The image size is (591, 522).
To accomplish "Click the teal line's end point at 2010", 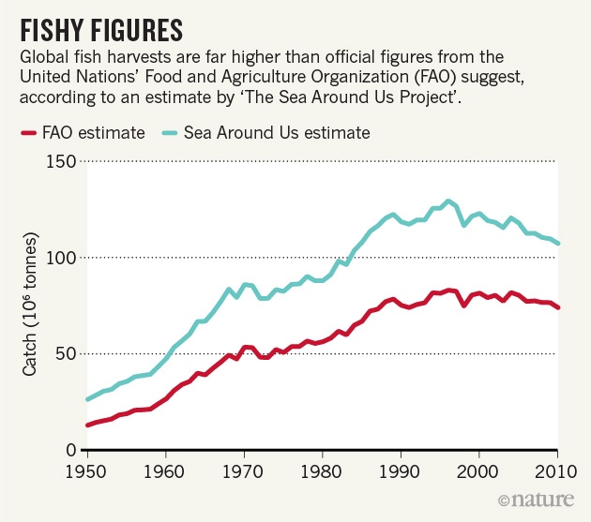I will pos(557,244).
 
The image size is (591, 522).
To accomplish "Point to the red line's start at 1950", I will pos(87,425).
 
